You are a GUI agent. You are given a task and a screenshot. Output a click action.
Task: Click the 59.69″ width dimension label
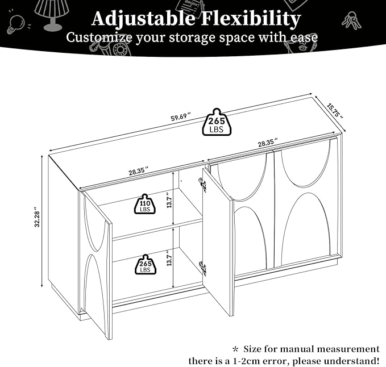coord(181,116)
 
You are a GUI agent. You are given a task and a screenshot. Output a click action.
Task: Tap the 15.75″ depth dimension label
coord(335,111)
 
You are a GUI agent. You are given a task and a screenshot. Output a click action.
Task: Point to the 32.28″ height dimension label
coord(37,218)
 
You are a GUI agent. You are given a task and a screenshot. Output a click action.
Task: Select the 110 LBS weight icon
coord(145,204)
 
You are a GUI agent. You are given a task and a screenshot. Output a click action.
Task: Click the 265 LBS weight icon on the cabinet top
coord(217,122)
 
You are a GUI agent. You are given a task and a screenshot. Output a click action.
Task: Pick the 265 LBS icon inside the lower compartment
coord(145,264)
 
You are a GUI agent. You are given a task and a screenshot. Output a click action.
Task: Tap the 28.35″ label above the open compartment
coord(139,170)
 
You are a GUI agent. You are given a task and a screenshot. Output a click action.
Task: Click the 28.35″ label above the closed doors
coord(268,143)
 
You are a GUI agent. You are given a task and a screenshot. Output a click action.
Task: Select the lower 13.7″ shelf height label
coord(169,257)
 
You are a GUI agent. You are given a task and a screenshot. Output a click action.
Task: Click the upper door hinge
coord(202,183)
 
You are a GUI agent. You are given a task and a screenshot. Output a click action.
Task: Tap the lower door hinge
coord(202,268)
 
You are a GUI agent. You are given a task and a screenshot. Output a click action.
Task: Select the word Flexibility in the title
coord(251,18)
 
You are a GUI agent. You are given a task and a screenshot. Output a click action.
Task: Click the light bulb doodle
coord(16,24)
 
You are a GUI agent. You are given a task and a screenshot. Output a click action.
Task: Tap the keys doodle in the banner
coord(351,20)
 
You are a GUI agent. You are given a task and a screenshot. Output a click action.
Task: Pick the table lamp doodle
coord(52,15)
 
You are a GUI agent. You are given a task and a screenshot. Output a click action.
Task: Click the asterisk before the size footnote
coord(235,349)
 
